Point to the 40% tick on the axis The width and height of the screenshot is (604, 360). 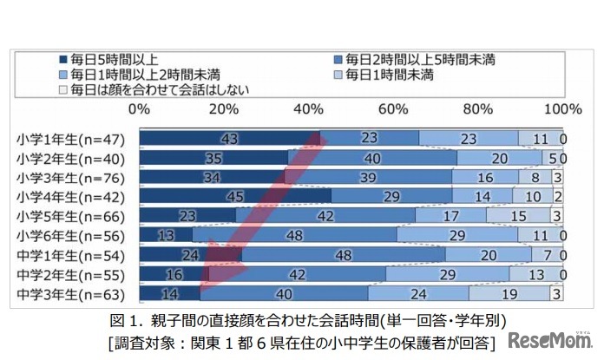point(310,109)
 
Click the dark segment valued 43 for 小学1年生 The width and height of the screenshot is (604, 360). point(230,139)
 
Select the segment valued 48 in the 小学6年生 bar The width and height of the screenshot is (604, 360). point(295,235)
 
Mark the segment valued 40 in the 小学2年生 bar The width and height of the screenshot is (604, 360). point(373,159)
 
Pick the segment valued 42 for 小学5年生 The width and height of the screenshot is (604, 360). point(326,216)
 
